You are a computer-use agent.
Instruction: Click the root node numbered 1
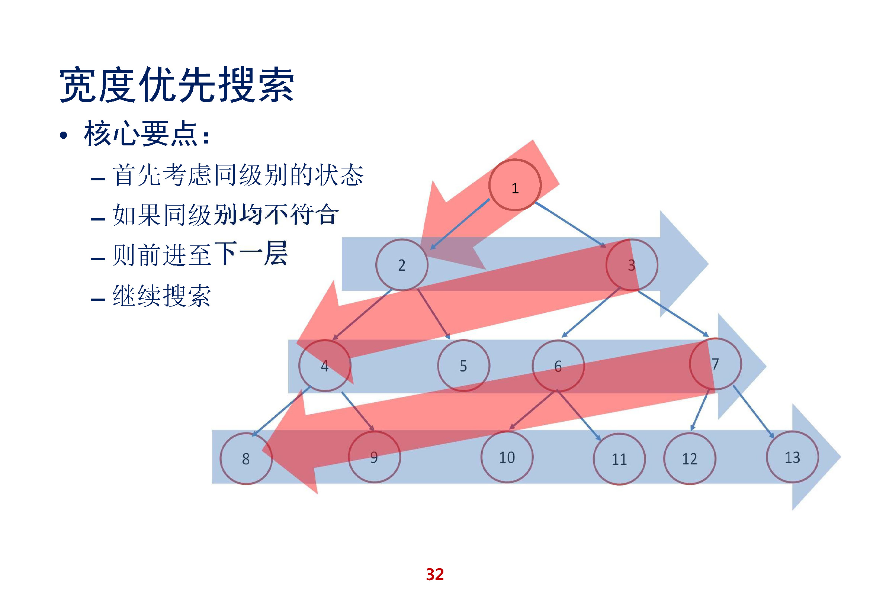pos(515,185)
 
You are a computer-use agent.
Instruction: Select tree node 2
pos(402,265)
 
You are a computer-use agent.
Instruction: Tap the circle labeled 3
pos(632,265)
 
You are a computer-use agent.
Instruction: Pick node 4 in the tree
pos(325,366)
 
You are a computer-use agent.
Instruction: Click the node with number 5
pos(463,366)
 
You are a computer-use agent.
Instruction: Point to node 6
pos(558,366)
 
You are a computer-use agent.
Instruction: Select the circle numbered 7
pos(715,364)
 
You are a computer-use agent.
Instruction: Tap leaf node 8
pos(246,458)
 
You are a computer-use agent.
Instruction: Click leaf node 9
pos(374,457)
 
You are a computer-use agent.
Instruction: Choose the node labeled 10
pos(507,457)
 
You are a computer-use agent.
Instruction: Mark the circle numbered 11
pos(619,459)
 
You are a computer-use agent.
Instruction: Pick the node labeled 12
pos(690,458)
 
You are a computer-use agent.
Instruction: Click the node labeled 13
pos(792,457)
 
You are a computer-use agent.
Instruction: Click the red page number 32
pos(434,574)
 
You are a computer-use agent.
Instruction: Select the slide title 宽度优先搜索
pos(177,85)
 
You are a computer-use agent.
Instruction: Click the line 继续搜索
pos(161,296)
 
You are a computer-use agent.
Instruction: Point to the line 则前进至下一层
pos(200,254)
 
